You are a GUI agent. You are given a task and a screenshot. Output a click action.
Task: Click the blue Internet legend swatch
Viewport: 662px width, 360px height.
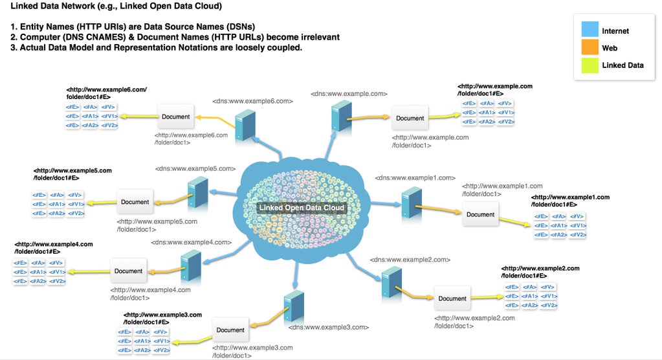590,30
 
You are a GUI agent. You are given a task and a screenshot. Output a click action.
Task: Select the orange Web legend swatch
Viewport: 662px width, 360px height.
590,47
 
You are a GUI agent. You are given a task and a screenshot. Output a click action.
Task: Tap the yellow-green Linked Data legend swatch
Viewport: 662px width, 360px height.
590,65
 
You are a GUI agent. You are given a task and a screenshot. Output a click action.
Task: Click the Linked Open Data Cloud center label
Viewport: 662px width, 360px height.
303,208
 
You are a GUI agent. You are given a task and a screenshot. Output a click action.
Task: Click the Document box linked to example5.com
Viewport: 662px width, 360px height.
135,202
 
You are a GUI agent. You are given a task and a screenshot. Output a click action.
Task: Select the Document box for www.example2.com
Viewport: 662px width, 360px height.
452,298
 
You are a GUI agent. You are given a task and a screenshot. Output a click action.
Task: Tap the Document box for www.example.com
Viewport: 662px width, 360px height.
410,118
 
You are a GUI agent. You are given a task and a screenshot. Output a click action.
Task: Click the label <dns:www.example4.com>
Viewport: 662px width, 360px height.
191,242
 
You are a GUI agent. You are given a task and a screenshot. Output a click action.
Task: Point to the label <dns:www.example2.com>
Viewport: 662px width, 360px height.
410,260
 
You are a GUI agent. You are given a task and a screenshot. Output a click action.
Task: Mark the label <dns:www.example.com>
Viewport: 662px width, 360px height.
349,94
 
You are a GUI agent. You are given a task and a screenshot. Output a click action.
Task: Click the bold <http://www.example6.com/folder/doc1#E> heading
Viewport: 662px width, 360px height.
106,93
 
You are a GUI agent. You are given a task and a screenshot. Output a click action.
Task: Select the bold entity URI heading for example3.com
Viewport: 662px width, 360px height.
162,318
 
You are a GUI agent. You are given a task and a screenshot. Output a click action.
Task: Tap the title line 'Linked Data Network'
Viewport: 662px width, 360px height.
116,6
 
